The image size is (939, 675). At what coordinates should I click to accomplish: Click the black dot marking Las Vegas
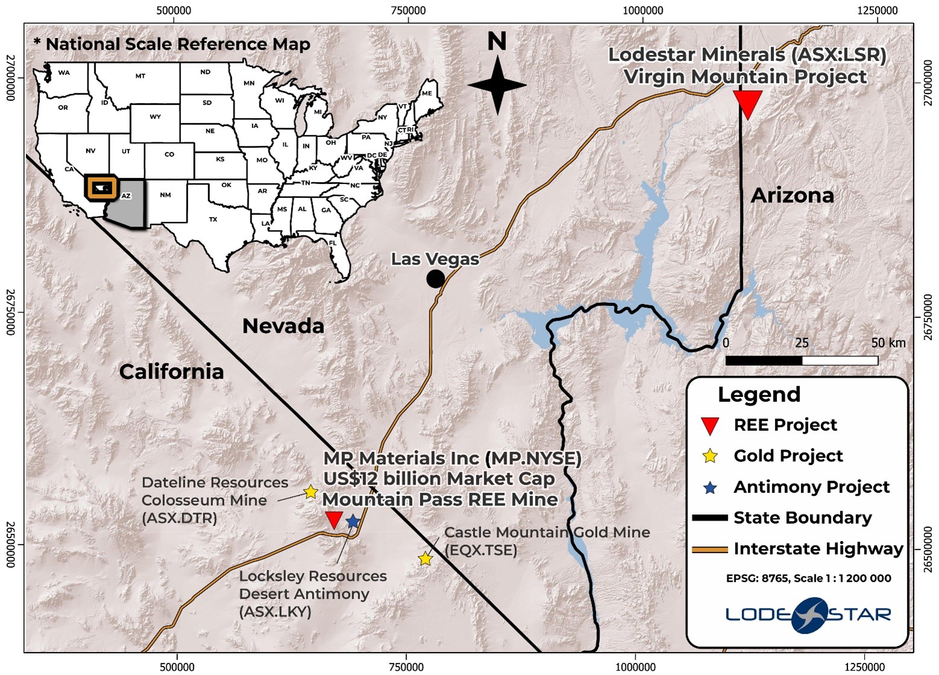coord(435,279)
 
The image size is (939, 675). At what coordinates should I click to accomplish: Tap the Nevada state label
coord(283,326)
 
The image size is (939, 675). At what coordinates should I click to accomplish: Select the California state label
coord(171,372)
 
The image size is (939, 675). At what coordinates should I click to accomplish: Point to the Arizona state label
coord(792,195)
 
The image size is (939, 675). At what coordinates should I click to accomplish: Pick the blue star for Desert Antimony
coord(353,521)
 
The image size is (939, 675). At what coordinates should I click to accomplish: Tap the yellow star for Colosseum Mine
coord(310,492)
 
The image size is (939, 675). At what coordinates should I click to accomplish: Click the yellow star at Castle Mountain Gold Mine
coord(426,559)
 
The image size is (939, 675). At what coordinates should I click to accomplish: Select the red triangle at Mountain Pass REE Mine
coord(334,519)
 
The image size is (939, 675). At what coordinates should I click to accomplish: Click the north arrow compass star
coord(498,85)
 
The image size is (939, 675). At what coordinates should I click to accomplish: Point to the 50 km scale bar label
coord(888,343)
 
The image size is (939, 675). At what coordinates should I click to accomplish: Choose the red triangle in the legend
coord(710,425)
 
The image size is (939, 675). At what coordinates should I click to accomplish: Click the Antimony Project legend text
coord(811,487)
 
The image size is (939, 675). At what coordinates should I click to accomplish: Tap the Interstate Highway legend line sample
coord(710,550)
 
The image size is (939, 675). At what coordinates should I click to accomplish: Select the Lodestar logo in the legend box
coord(808,615)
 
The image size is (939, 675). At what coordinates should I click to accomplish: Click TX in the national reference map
coord(212,220)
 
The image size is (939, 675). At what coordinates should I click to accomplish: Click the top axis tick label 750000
coord(408,10)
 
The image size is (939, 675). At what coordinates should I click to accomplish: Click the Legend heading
coord(759,395)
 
